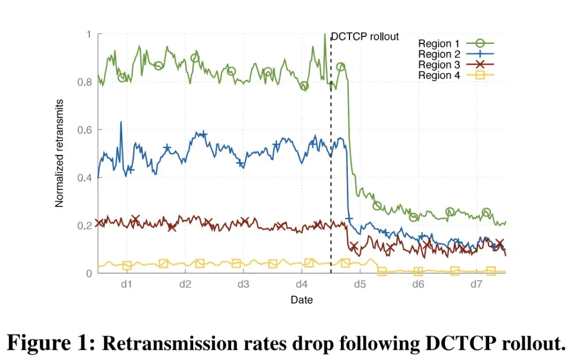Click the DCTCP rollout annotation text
tap(365, 37)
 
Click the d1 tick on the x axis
tap(126, 284)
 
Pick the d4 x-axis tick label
tap(301, 284)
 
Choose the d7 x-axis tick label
tap(476, 284)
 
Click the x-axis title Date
tap(301, 300)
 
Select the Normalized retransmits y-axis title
tap(59, 154)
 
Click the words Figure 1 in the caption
tap(51, 342)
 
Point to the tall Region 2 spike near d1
tap(120, 122)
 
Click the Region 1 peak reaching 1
tap(324, 35)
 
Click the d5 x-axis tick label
tap(360, 284)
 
